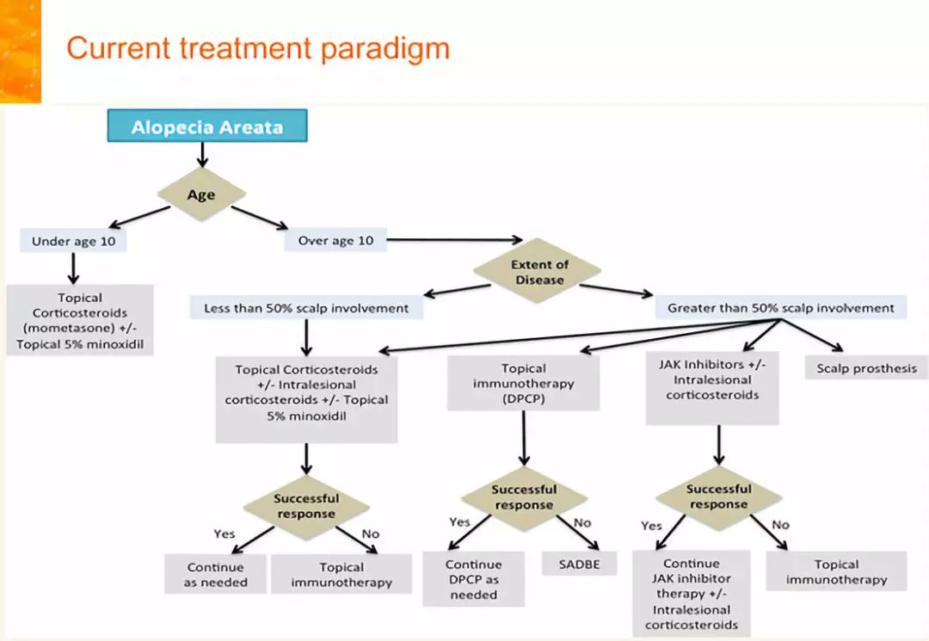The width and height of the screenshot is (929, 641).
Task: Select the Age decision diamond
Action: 201,194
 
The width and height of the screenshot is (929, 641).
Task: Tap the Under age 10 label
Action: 73,241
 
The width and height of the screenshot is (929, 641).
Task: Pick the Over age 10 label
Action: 335,241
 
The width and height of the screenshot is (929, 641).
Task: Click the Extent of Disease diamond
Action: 539,271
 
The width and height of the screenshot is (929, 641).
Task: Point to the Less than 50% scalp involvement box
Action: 306,307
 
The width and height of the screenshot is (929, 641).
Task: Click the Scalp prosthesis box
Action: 866,368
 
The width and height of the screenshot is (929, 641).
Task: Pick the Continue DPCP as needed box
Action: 473,579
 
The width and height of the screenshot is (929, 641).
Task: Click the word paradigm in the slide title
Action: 385,47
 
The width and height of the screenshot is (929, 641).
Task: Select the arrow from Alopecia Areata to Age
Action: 201,155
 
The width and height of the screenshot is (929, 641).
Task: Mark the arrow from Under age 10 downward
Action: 73,268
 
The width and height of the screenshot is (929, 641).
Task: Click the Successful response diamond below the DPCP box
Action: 523,497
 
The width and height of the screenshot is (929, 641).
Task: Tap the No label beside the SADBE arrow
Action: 582,522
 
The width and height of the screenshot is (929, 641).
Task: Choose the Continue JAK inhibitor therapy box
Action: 691,595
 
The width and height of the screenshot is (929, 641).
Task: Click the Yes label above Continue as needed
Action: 225,533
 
